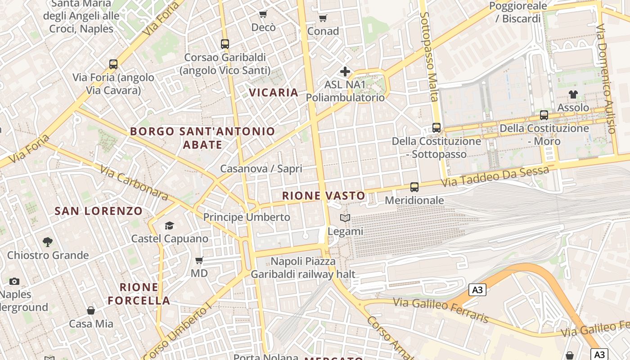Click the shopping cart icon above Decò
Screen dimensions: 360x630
[x=263, y=14]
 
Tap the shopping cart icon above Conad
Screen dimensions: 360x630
[x=323, y=18]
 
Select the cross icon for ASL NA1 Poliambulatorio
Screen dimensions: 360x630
[x=345, y=72]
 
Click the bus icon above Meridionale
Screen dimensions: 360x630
[x=414, y=187]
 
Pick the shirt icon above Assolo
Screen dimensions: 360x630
[x=573, y=94]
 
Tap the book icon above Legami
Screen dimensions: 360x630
[x=345, y=218]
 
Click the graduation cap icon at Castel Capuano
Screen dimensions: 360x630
[x=170, y=225]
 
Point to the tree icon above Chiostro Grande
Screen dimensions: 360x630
[x=48, y=242]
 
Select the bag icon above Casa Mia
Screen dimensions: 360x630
[x=91, y=310]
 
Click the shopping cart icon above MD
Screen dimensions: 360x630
[x=199, y=260]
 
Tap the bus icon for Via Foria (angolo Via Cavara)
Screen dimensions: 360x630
[x=113, y=64]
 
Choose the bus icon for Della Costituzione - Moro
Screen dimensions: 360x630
[x=544, y=115]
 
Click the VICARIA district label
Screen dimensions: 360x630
[x=274, y=93]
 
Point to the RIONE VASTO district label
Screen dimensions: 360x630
[x=324, y=196]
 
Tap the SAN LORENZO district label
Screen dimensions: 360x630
[x=99, y=211]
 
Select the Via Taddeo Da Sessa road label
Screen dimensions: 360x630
[x=495, y=176]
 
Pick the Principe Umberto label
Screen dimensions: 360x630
[x=247, y=217]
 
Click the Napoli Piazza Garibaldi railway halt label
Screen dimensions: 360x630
[x=303, y=268]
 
